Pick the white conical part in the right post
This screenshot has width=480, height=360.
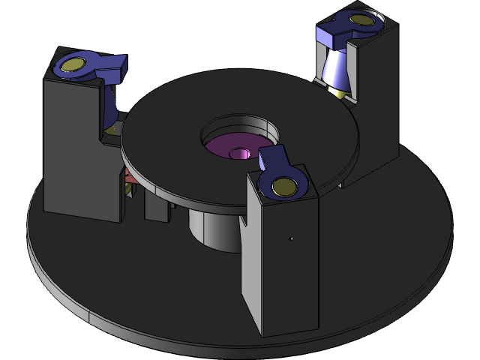336,71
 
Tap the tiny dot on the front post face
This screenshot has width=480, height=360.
291,239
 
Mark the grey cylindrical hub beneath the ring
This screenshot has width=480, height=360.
210,229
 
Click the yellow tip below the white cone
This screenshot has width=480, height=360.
342,95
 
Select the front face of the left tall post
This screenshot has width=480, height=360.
71,150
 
